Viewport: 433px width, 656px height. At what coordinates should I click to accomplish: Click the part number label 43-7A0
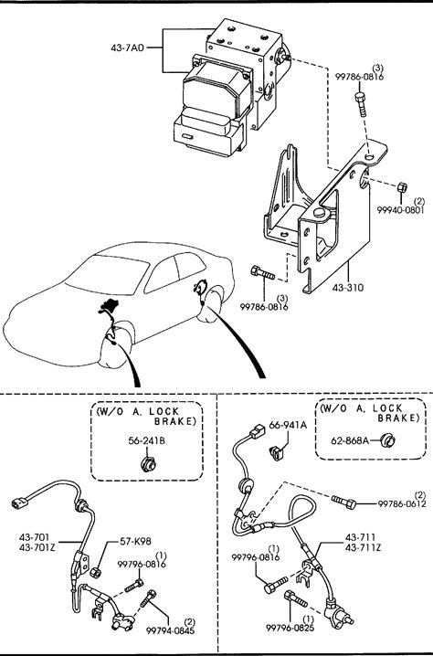(x=127, y=48)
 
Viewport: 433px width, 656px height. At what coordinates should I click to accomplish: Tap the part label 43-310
(x=348, y=288)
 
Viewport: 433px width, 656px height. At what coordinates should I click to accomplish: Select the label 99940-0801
(x=400, y=210)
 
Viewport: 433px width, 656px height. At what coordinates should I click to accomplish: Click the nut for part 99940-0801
(x=402, y=186)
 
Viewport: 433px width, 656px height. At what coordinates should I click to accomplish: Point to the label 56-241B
(x=146, y=440)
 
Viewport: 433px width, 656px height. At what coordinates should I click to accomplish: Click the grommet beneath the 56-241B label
(x=148, y=464)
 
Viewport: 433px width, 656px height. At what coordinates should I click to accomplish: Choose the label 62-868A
(x=350, y=440)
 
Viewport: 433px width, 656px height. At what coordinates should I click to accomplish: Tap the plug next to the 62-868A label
(x=388, y=440)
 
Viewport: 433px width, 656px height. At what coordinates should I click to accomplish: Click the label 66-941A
(x=288, y=425)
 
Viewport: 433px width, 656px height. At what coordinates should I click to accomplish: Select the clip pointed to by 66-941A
(x=277, y=452)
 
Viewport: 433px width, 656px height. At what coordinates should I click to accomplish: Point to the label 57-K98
(x=135, y=541)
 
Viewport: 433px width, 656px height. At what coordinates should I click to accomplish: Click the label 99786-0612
(x=402, y=504)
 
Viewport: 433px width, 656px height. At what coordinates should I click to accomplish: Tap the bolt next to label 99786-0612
(x=343, y=502)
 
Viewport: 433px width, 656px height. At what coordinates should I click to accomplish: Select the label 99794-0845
(x=170, y=630)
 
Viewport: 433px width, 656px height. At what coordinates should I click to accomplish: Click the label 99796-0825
(x=290, y=628)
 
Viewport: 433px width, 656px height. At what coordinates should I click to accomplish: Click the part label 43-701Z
(x=37, y=547)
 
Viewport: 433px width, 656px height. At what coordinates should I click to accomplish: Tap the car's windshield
(x=107, y=274)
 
